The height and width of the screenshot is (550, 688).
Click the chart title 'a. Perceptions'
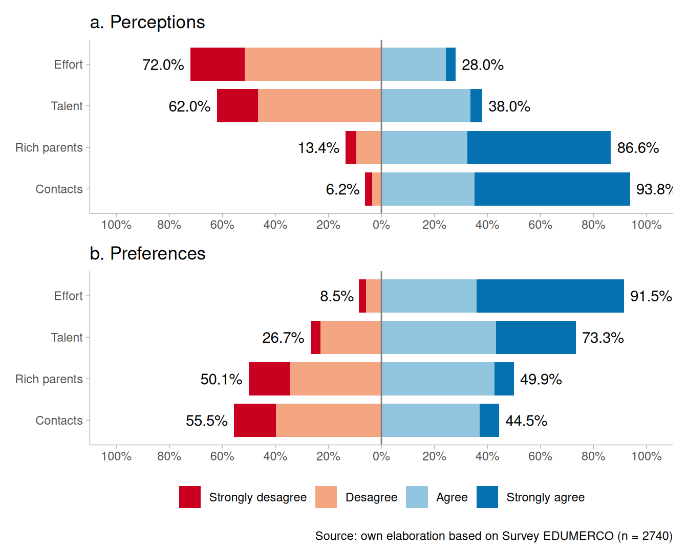pyautogui.click(x=147, y=23)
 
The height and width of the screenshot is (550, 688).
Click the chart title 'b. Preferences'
pyautogui.click(x=147, y=254)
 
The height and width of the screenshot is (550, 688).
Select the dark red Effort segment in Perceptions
pyautogui.click(x=218, y=64)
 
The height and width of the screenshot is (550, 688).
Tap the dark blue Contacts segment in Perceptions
pyautogui.click(x=552, y=189)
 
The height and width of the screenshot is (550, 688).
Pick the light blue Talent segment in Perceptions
pyautogui.click(x=426, y=106)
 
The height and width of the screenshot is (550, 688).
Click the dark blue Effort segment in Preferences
pyautogui.click(x=550, y=296)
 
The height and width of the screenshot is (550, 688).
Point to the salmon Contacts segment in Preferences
pyautogui.click(x=328, y=421)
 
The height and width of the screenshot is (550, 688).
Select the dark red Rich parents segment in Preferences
pyautogui.click(x=269, y=379)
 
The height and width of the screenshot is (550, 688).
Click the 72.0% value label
pyautogui.click(x=163, y=65)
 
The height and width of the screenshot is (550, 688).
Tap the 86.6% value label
pyautogui.click(x=638, y=148)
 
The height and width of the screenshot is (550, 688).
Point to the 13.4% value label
pyautogui.click(x=318, y=148)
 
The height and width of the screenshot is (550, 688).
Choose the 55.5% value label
pyautogui.click(x=206, y=421)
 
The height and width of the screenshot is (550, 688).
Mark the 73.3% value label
pyautogui.click(x=603, y=338)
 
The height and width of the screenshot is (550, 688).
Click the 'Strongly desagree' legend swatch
pyautogui.click(x=190, y=497)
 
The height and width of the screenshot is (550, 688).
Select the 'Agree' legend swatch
pyautogui.click(x=417, y=497)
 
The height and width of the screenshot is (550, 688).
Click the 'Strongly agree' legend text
pyautogui.click(x=545, y=497)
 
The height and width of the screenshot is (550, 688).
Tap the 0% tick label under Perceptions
pyautogui.click(x=381, y=225)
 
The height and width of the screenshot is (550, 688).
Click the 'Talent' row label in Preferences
pyautogui.click(x=67, y=338)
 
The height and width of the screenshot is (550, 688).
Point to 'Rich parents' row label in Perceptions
pyautogui.click(x=49, y=148)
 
